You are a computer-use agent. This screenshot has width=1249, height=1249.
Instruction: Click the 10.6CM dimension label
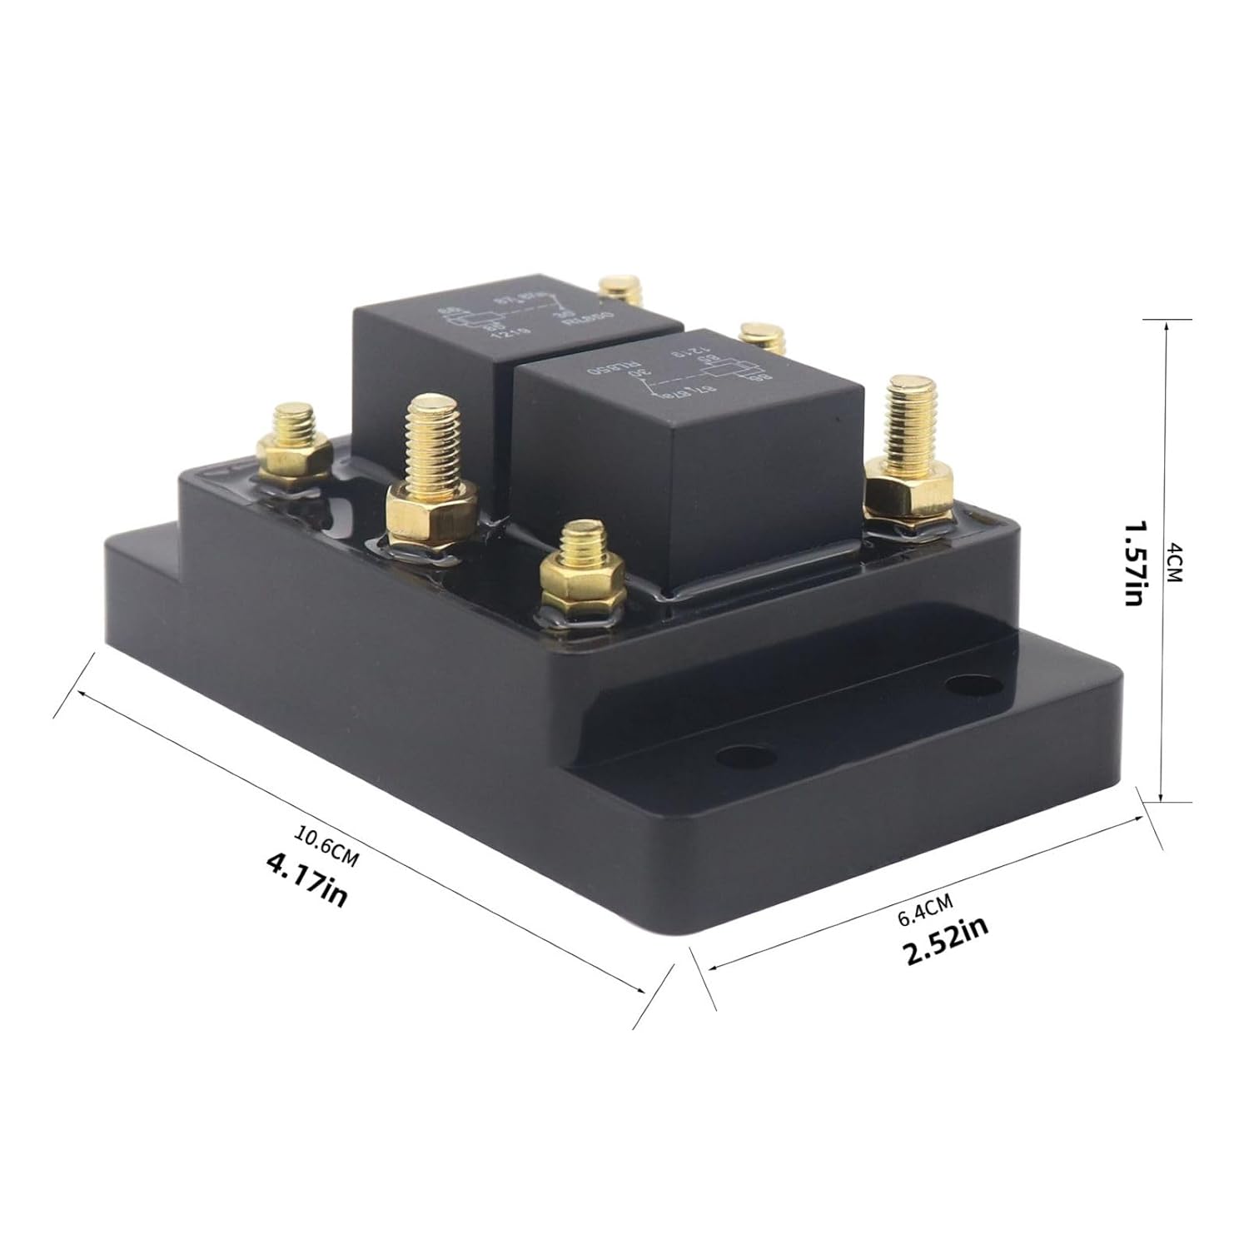[327, 847]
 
